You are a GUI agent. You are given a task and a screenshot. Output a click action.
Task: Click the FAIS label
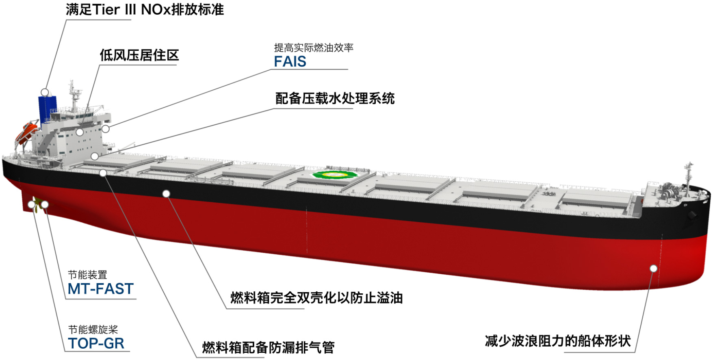click(290, 61)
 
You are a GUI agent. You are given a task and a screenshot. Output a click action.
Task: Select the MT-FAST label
click(100, 289)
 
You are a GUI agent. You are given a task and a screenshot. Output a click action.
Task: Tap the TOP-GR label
click(96, 343)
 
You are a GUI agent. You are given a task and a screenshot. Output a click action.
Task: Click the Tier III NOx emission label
click(145, 10)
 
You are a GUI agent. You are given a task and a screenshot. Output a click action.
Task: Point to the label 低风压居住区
click(139, 55)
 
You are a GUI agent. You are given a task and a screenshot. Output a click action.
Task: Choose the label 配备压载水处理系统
click(335, 98)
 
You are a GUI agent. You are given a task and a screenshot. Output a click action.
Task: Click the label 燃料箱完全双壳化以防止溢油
click(316, 298)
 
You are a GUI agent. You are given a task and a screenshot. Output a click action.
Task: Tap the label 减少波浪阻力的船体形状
click(558, 341)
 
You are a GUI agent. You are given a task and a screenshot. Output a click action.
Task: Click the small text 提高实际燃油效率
click(314, 48)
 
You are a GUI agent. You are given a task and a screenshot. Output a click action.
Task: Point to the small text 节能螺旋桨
click(93, 329)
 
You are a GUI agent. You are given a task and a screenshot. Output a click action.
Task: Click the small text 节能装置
click(88, 275)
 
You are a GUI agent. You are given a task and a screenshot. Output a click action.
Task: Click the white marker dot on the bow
click(653, 268)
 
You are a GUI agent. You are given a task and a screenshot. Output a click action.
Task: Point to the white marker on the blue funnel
click(45, 92)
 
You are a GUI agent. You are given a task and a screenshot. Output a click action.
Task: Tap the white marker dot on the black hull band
click(166, 193)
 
